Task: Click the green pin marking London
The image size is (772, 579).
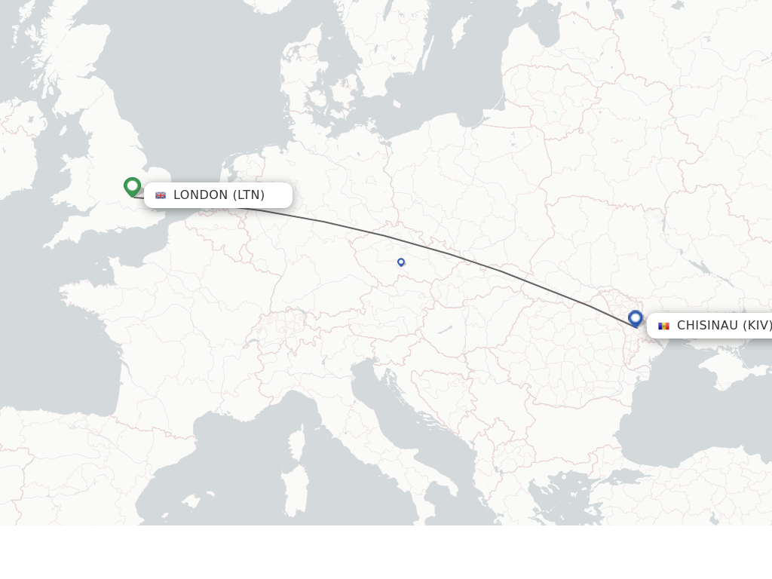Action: tap(133, 186)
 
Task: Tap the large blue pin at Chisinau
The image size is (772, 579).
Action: tap(636, 319)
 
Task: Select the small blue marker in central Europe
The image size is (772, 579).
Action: tap(401, 262)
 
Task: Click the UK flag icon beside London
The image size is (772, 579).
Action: tap(161, 195)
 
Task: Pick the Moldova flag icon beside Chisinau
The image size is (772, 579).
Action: tap(663, 326)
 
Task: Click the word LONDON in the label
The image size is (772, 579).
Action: tap(201, 195)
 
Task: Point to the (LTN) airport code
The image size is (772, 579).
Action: tap(249, 195)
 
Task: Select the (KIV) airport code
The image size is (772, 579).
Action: tap(757, 326)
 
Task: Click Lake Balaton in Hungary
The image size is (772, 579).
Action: tap(445, 329)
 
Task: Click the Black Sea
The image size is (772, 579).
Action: tap(679, 422)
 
